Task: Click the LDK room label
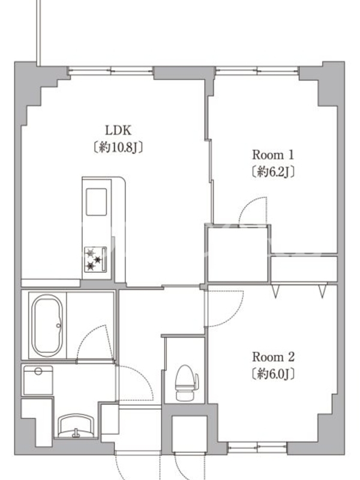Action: [x=118, y=130]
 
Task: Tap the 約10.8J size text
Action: [x=118, y=147]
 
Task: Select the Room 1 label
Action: [x=273, y=155]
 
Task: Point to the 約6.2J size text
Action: [x=273, y=172]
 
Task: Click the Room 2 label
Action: [x=273, y=356]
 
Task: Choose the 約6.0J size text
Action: [x=273, y=373]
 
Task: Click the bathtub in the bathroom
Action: [x=47, y=325]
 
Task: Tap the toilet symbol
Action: [x=187, y=383]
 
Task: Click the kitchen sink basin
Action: [x=97, y=202]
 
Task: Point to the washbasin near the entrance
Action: [x=76, y=426]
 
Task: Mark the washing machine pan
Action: [x=38, y=380]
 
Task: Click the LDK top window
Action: [x=110, y=70]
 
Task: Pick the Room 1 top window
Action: [x=257, y=70]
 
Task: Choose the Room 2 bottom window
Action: [x=257, y=448]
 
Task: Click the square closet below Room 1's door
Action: [x=238, y=254]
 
